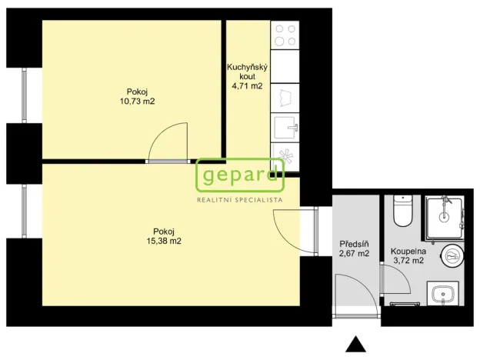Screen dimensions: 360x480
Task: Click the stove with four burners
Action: pyautogui.click(x=285, y=36)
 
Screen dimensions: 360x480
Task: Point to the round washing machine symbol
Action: pyautogui.click(x=453, y=254)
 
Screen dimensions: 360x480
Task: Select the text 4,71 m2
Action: pyautogui.click(x=247, y=86)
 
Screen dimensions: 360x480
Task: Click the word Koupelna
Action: pyautogui.click(x=408, y=251)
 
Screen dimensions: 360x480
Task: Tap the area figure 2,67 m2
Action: pyautogui.click(x=355, y=253)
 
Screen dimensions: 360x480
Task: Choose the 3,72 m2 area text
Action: pyautogui.click(x=408, y=261)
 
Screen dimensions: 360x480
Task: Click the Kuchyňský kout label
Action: pyautogui.click(x=247, y=72)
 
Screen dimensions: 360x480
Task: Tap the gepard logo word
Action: pyautogui.click(x=239, y=177)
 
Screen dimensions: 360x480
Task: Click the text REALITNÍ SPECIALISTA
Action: pyautogui.click(x=239, y=199)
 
